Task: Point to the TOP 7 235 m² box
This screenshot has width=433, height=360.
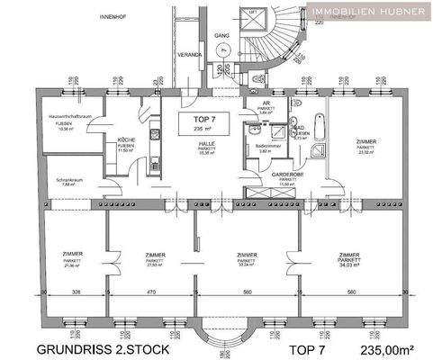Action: (x=193, y=123)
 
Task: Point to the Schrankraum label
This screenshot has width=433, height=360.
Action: (x=68, y=181)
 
